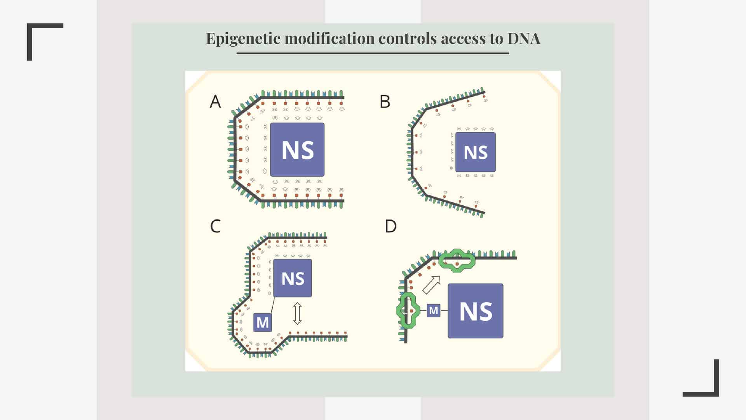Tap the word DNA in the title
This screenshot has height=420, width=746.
click(523, 38)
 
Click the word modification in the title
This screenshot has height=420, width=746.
click(329, 38)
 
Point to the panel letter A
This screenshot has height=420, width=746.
click(215, 101)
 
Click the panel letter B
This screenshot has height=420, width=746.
click(385, 101)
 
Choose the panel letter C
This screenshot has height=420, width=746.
click(215, 226)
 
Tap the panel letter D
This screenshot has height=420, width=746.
click(390, 226)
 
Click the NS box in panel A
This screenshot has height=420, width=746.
click(297, 150)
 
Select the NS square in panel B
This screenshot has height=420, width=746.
click(475, 152)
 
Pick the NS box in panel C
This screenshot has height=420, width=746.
click(293, 278)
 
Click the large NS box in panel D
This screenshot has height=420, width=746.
click(475, 311)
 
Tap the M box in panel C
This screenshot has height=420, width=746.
click(262, 322)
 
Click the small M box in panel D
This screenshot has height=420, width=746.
click(434, 310)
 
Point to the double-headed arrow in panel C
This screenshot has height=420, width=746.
click(297, 313)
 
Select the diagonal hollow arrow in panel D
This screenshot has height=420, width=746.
click(432, 285)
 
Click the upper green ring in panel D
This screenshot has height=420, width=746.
click(457, 261)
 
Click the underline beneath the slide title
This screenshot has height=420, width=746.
click(373, 53)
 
